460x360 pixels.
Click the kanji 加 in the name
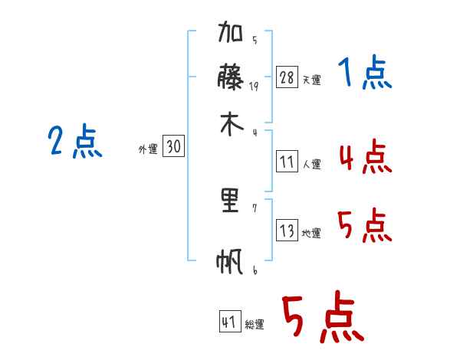pos(230,31)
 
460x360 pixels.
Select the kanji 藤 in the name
pos(230,77)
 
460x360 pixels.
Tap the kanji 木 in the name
pos(232,125)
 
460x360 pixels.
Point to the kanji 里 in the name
pos(230,200)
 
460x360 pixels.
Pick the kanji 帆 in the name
pos(230,261)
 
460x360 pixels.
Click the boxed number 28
pos(287,77)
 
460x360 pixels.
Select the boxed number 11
pos(287,162)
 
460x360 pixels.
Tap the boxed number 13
pos(287,230)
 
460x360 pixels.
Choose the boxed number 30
pos(173,146)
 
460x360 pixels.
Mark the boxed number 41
pos(230,321)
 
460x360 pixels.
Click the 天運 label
pos(311,80)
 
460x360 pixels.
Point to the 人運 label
pos(311,164)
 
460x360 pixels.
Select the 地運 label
pos(311,233)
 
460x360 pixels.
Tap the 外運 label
pos(148,149)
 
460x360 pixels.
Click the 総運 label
pos(255,324)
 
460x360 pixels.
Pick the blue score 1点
pos(365,72)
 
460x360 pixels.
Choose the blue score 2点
pos(75,141)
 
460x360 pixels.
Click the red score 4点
pos(366,156)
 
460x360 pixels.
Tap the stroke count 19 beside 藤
pos(254,87)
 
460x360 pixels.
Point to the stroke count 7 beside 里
pos(255,208)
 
